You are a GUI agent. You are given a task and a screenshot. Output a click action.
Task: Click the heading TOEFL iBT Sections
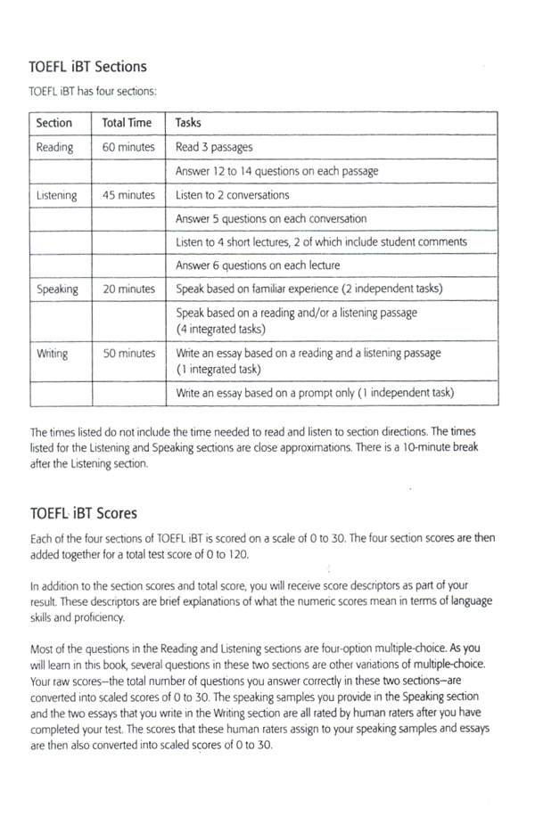tap(87, 67)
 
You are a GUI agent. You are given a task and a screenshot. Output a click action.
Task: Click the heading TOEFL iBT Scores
tap(83, 514)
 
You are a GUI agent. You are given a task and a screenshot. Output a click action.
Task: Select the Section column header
tap(53, 123)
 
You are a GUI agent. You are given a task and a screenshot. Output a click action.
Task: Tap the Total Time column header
tap(128, 123)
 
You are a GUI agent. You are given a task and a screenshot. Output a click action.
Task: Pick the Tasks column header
tap(188, 123)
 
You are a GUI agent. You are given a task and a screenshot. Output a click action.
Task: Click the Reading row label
tap(54, 147)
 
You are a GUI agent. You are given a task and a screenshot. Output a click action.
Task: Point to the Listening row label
tap(56, 195)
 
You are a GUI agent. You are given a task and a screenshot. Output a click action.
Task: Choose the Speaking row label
tap(57, 290)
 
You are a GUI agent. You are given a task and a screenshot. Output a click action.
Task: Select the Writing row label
tap(52, 354)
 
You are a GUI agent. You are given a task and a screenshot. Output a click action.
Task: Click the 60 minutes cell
tap(128, 147)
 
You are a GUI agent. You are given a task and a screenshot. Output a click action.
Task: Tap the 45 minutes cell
tap(128, 195)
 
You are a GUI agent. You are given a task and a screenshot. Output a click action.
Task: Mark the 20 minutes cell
tap(128, 290)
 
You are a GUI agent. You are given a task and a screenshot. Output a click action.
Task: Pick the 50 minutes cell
tap(128, 354)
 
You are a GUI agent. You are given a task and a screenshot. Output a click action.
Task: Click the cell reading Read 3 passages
tap(214, 147)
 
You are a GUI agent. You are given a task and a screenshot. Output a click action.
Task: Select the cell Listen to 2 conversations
tap(233, 195)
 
